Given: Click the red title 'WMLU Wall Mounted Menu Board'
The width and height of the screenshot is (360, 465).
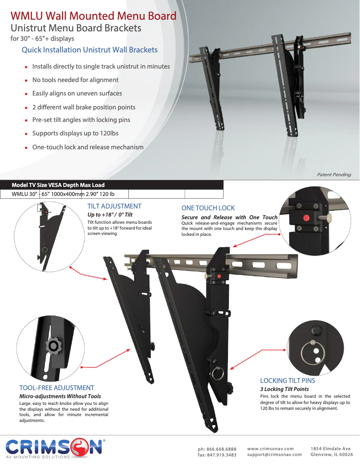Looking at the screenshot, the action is pos(93,16).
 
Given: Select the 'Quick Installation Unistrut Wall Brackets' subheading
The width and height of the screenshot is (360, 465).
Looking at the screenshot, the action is pos(90,50).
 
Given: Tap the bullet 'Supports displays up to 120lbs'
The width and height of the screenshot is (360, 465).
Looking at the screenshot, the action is pos(75,133).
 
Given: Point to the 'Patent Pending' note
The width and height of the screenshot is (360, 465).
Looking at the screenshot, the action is pos(334,175).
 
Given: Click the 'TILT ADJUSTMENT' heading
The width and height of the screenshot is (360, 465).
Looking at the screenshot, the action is pos(114,206).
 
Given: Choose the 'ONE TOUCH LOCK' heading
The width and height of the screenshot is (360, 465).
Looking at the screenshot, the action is pos(208,208).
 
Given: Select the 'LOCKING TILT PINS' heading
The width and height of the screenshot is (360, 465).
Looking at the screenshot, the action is pos(288,381).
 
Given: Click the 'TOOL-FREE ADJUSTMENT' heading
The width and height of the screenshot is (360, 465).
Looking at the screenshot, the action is pos(57,388).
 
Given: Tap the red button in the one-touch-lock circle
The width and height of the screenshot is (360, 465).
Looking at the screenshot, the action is pos(306,218).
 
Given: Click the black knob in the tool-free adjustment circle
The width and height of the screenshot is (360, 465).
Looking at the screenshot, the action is pos(53,345).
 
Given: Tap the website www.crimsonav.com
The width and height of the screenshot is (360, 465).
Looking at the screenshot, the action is pos(270,449).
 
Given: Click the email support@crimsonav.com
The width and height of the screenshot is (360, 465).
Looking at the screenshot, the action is pos(275,454).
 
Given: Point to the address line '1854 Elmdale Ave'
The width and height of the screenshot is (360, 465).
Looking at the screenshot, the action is pos(331,449).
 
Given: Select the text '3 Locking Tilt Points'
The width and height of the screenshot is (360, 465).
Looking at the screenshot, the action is pos(285,389).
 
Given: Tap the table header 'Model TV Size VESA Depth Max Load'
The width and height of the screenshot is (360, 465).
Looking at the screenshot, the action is pos(58,185).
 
